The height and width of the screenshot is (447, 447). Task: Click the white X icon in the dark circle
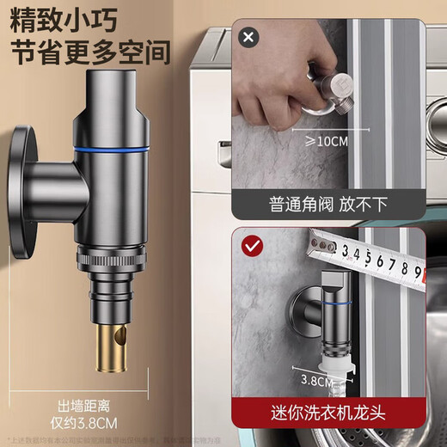(249, 38)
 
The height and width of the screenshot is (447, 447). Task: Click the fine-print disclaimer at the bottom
(223, 439)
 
